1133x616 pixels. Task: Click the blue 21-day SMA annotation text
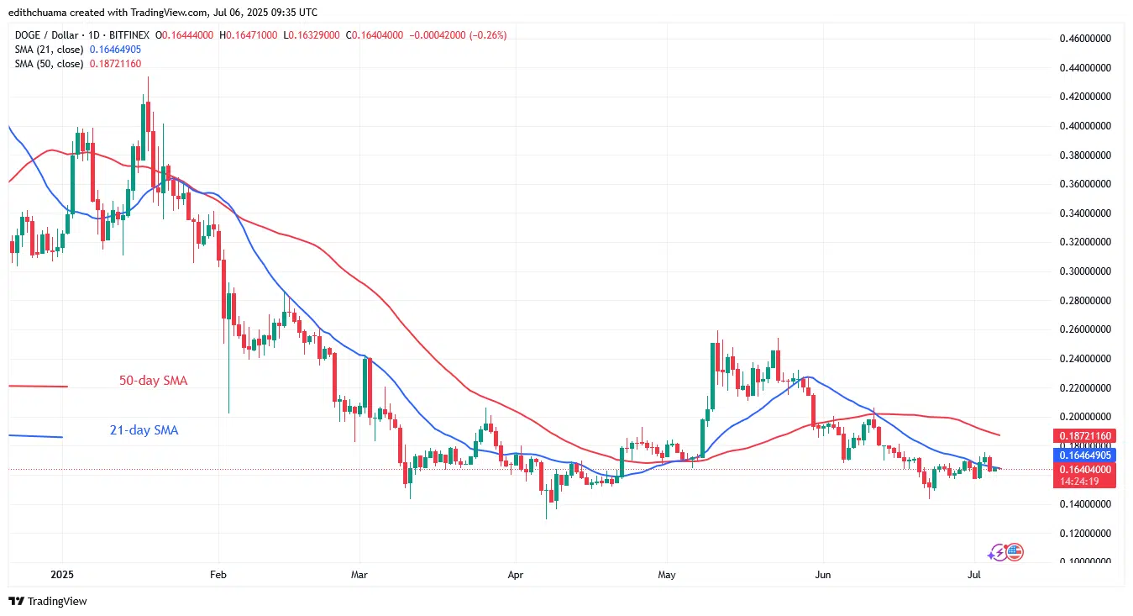pos(144,430)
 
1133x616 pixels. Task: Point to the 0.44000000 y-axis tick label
pos(1084,67)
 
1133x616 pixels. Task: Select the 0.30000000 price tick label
pos(1084,271)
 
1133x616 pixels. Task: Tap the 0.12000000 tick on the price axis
pos(1084,534)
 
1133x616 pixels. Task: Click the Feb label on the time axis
pos(218,576)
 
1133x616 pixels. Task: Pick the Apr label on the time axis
pos(516,576)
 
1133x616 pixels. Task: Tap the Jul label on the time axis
pos(974,576)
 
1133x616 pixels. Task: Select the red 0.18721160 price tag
pos(1084,437)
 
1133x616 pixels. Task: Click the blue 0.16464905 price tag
pos(1084,455)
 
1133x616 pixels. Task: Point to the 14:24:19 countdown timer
pos(1084,482)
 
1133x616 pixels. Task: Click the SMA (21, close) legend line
pos(76,50)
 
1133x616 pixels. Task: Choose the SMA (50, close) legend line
pos(76,64)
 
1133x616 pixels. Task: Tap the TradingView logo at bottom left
pos(48,602)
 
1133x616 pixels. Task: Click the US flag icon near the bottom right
pos(1015,552)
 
